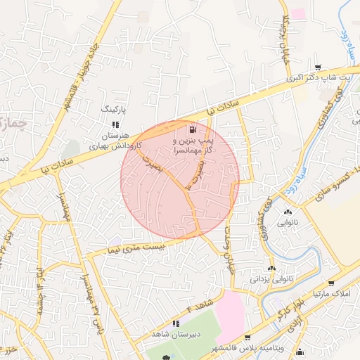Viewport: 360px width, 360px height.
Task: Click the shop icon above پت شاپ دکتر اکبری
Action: [x=319, y=67]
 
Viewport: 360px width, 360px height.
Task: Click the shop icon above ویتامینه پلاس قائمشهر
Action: [x=247, y=338]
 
